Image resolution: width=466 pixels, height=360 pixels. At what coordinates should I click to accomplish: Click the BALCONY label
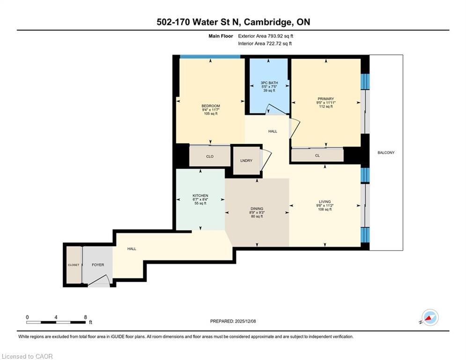point(386,153)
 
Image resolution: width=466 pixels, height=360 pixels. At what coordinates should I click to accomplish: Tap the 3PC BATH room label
point(269,82)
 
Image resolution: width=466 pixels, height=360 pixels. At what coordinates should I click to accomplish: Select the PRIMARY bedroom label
point(325,99)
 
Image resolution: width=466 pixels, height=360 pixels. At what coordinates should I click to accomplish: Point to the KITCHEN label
point(200,195)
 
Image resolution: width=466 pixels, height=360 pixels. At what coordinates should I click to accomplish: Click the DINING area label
point(257,209)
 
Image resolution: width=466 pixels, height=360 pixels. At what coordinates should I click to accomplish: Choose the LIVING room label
point(325,202)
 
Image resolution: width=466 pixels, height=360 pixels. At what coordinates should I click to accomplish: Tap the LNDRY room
point(246,161)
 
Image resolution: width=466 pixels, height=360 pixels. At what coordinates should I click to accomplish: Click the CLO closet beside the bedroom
point(210,156)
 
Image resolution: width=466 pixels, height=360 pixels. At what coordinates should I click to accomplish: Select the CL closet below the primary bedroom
point(317,155)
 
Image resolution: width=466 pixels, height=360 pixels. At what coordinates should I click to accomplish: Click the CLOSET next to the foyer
point(74,265)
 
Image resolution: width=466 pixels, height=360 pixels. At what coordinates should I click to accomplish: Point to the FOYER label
point(98,265)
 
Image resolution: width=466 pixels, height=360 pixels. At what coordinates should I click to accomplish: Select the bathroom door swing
point(276,109)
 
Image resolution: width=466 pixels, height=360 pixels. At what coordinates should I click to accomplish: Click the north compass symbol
point(430,317)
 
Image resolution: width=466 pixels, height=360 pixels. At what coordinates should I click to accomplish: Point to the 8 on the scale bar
point(85,317)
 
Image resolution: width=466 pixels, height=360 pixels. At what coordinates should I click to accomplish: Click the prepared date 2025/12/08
point(245,321)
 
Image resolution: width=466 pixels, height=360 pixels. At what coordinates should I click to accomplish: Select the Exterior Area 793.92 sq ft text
point(266,36)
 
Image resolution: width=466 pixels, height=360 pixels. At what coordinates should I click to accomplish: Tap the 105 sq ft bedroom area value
point(211,113)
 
